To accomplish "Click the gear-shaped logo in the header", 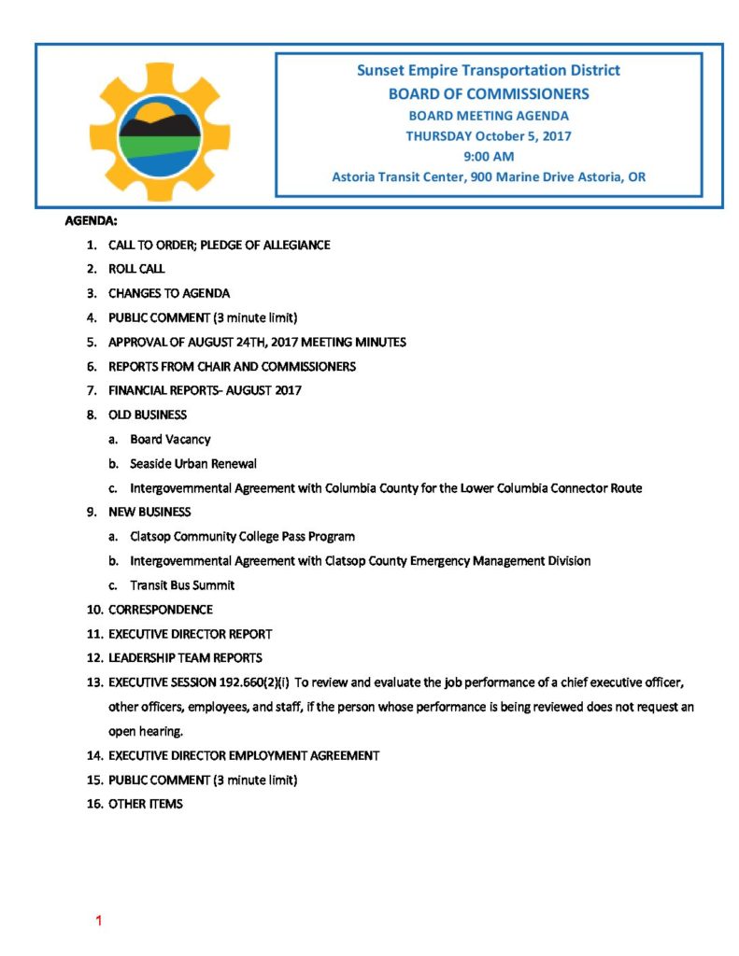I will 159,126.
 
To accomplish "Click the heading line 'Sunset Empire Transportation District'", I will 488,70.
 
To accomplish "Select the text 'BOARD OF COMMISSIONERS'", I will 488,93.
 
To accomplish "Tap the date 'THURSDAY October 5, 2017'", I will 488,135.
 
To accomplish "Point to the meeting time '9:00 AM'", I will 488,156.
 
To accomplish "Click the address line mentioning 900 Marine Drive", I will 488,176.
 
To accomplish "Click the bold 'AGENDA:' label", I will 91,221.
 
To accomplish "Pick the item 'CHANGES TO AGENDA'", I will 169,293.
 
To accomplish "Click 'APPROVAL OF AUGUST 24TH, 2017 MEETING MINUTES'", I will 257,343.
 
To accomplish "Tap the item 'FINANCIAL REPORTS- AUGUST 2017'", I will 205,391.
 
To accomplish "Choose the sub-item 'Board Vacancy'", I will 170,440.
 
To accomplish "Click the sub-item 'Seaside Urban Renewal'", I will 193,464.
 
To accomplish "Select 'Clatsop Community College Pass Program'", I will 242,537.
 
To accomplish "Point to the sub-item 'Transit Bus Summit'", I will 182,585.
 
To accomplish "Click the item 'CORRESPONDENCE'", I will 161,610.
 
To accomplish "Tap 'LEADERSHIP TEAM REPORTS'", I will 185,658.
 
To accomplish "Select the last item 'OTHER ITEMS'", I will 146,804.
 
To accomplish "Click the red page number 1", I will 98,922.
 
